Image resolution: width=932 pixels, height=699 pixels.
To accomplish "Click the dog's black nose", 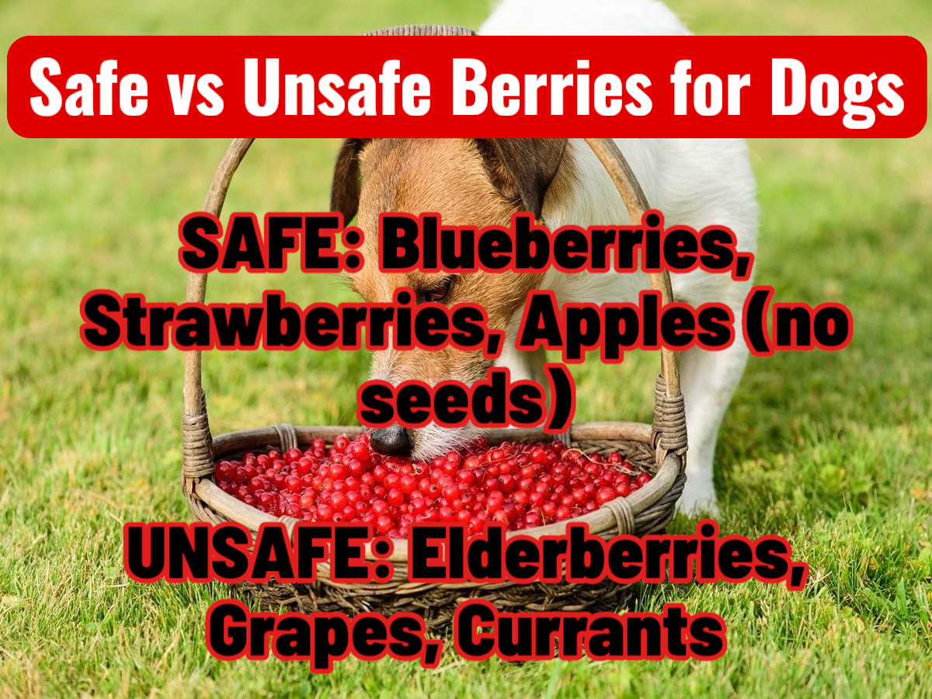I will (390, 440).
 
